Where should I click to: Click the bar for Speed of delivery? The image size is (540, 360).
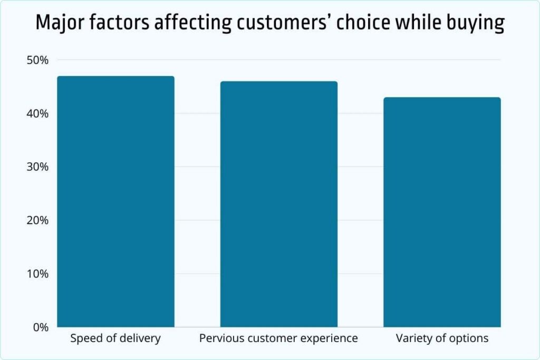115,201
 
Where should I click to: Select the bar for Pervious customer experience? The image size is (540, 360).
278,204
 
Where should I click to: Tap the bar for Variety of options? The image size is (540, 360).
442,212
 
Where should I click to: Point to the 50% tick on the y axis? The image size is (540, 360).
37,60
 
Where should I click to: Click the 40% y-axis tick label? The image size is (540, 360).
37,113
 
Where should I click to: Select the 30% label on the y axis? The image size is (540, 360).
37,167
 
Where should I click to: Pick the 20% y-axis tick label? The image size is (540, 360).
37,220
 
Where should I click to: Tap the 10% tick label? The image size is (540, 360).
38,274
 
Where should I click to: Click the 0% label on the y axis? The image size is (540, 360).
40,327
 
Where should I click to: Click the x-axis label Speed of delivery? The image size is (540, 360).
115,338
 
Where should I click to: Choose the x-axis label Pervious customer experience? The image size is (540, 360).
278,338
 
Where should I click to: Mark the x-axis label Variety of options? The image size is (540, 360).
442,338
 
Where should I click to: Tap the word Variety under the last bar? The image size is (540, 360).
412,338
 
